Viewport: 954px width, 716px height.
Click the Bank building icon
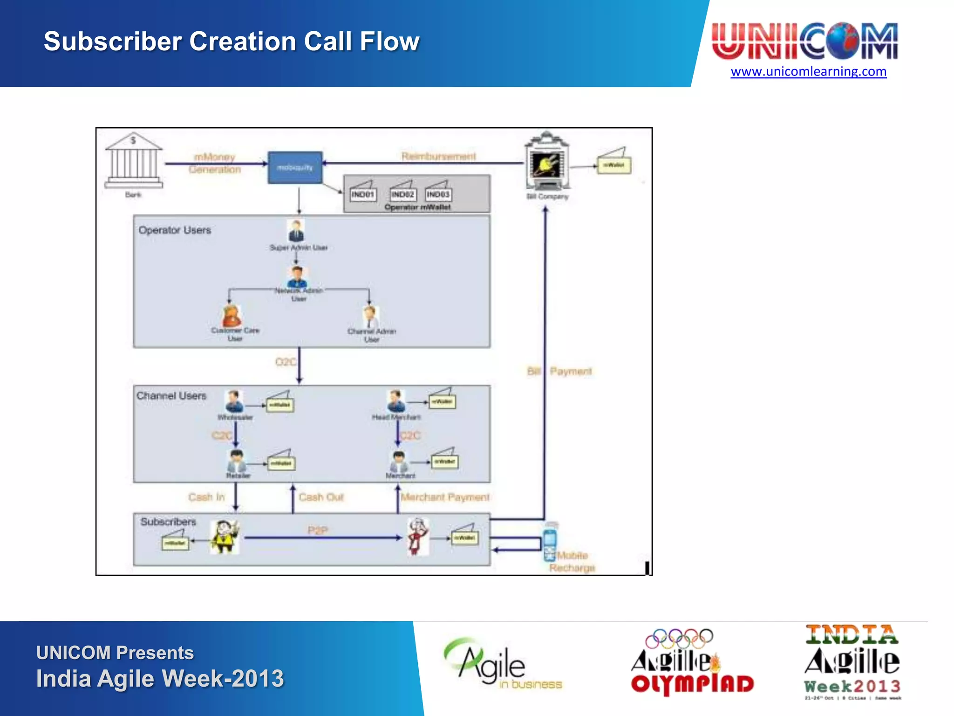(134, 161)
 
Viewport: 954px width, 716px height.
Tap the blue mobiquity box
(295, 167)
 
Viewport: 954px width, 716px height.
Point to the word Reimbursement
(439, 156)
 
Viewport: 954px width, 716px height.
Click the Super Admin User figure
(296, 231)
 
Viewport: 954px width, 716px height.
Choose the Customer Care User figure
(232, 317)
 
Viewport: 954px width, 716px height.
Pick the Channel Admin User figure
(371, 317)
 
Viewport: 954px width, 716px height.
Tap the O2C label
(285, 362)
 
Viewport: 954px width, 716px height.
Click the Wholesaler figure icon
(234, 401)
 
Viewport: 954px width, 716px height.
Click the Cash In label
(206, 497)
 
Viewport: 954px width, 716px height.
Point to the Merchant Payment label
(445, 497)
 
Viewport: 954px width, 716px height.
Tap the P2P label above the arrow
(318, 530)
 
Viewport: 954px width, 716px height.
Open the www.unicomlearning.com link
(808, 71)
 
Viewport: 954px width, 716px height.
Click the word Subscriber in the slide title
(112, 41)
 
